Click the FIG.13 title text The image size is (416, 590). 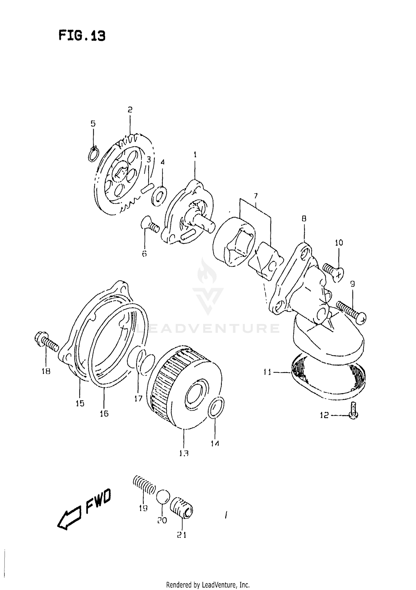82,36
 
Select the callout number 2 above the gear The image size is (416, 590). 130,110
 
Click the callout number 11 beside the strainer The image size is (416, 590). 267,372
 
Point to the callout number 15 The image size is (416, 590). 80,403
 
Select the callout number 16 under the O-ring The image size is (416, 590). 104,414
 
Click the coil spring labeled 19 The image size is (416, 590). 144,489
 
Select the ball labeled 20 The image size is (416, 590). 163,497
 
